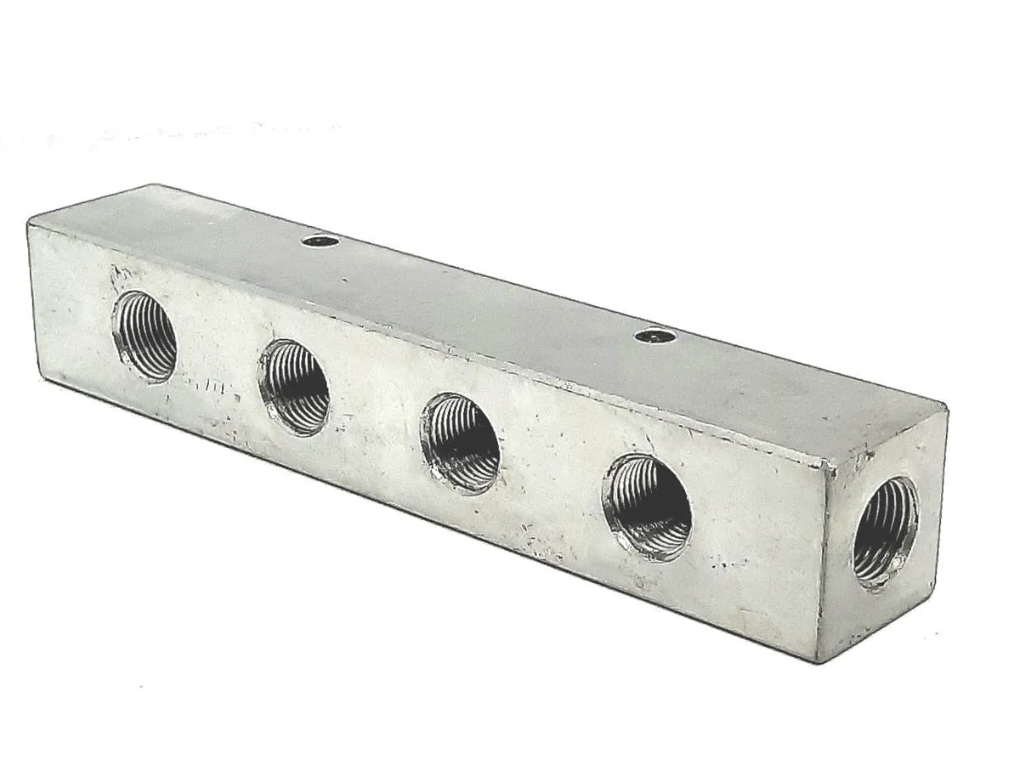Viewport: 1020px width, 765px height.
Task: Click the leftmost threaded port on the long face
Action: click(144, 337)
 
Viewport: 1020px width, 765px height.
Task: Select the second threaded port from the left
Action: click(294, 387)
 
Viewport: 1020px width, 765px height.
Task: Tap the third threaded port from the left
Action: click(460, 442)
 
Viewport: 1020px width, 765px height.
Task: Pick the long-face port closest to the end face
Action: click(647, 507)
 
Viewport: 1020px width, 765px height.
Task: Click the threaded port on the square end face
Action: click(885, 531)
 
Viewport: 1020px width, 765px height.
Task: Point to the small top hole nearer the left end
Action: click(320, 241)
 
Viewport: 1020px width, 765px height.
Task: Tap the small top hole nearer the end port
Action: click(655, 337)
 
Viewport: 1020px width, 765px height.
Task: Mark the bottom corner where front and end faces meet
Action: click(818, 660)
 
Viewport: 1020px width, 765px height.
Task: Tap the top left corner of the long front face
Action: click(29, 223)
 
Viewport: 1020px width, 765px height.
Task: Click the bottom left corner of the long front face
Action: click(39, 375)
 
